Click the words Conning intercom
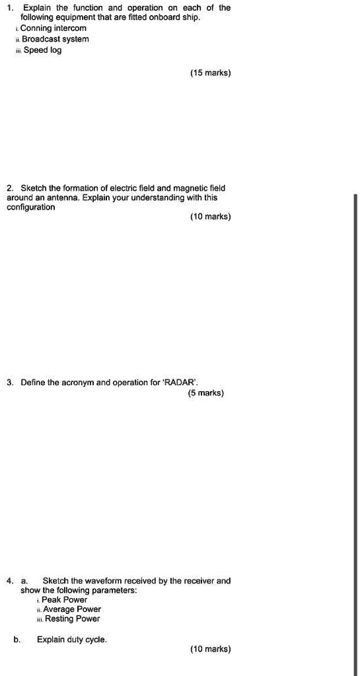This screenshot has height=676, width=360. pyautogui.click(x=55, y=28)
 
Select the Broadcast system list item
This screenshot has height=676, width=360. pyautogui.click(x=55, y=39)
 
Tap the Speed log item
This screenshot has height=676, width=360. pyautogui.click(x=43, y=50)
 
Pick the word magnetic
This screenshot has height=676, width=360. pyautogui.click(x=177, y=188)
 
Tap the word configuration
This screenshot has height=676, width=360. pyautogui.click(x=30, y=207)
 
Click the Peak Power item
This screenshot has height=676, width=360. pyautogui.click(x=64, y=599)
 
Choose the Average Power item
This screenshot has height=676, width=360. pyautogui.click(x=72, y=609)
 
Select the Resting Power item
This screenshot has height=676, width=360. pyautogui.click(x=71, y=619)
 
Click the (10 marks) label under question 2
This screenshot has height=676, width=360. pyautogui.click(x=210, y=217)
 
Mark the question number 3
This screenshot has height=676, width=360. pyautogui.click(x=9, y=383)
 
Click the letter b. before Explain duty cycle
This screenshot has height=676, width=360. pyautogui.click(x=16, y=640)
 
